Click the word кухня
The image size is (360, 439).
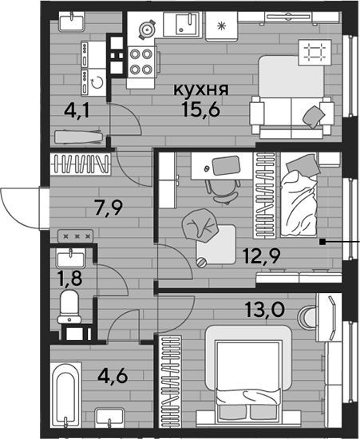[x=201, y=90]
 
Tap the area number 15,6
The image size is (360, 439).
[x=200, y=109]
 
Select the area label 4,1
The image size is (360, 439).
[x=77, y=110]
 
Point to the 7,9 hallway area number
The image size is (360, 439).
[x=109, y=208]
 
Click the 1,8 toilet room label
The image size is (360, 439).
[x=69, y=279]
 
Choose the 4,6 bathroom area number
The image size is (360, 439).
[x=113, y=376]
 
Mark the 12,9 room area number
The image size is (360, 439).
[x=262, y=256]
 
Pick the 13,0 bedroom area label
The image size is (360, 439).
[x=264, y=310]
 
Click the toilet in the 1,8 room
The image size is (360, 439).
[x=69, y=307]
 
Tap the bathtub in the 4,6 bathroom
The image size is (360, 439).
[x=65, y=395]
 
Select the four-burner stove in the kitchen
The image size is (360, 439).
[x=141, y=61]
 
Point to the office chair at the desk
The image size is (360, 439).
[x=223, y=192]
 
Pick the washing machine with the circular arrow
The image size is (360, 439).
[x=93, y=82]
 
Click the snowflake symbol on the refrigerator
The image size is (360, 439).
[x=221, y=26]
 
